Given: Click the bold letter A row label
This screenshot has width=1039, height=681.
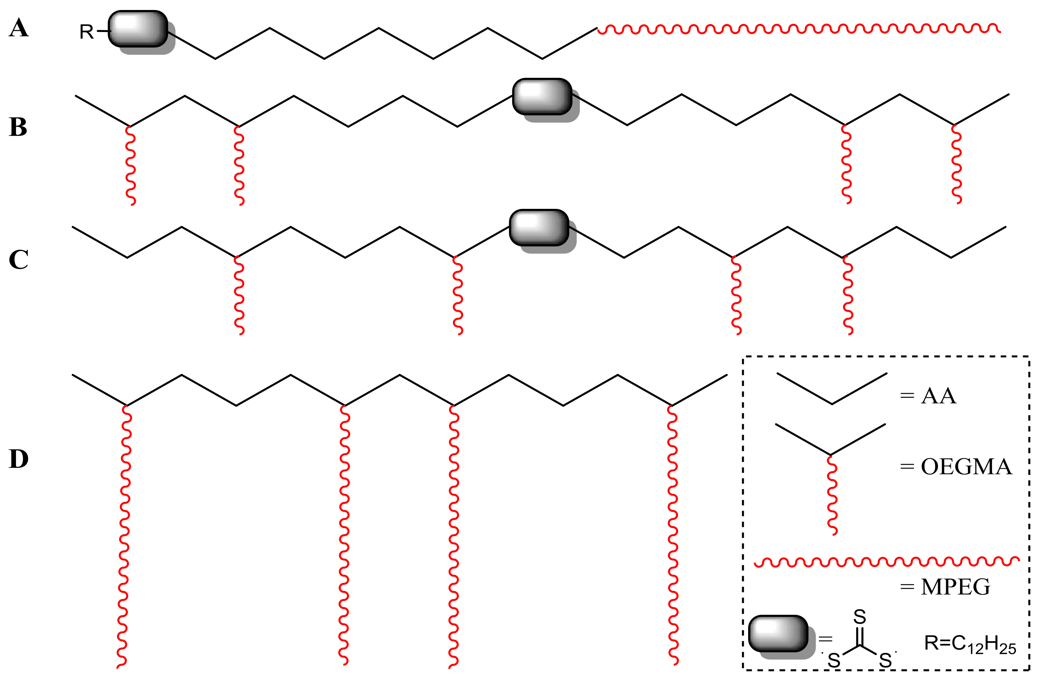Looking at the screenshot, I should coord(19,28).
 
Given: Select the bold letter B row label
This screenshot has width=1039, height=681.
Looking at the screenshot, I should coord(18,127).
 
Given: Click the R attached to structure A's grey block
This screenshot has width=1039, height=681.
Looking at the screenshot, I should coord(86,32).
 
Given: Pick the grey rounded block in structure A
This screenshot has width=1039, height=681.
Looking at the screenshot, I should coord(138,29).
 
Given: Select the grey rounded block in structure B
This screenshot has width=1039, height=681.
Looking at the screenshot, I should coord(542,96).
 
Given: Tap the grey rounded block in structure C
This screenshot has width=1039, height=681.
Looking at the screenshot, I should coord(539,228).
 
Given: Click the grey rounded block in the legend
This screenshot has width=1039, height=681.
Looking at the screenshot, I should coord(778,634).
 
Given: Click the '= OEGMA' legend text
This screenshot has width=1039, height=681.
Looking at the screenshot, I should coord(956,467).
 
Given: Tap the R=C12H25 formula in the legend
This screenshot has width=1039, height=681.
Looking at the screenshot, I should coord(970,644).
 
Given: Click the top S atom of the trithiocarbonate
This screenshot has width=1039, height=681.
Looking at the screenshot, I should coord(859,617).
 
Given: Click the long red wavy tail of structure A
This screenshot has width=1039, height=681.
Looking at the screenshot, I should coord(799,29).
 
